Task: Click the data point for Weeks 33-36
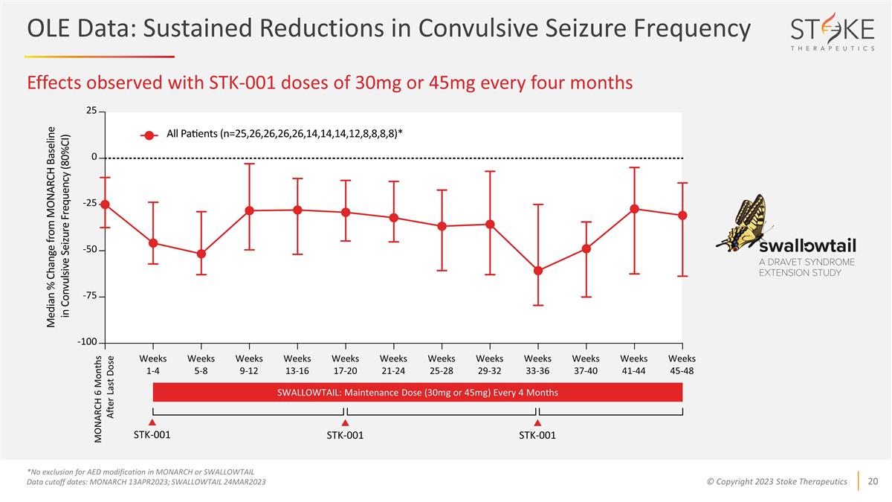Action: pyautogui.click(x=537, y=271)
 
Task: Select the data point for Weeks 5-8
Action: pyautogui.click(x=201, y=254)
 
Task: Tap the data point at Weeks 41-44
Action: pyautogui.click(x=634, y=208)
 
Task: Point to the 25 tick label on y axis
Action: pyautogui.click(x=91, y=112)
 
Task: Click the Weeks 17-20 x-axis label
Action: pyautogui.click(x=346, y=364)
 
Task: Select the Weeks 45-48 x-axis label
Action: pyautogui.click(x=682, y=364)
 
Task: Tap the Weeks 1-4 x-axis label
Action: pyautogui.click(x=153, y=364)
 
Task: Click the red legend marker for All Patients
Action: pyautogui.click(x=149, y=135)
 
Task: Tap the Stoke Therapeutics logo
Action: pyautogui.click(x=832, y=34)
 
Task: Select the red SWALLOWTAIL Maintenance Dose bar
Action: pyautogui.click(x=417, y=392)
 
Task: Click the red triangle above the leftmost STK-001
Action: pyautogui.click(x=152, y=423)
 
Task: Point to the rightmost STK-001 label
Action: pyautogui.click(x=537, y=436)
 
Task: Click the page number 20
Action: pyautogui.click(x=874, y=481)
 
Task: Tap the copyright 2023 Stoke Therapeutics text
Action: pyautogui.click(x=776, y=482)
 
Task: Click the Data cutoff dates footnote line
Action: pyautogui.click(x=146, y=483)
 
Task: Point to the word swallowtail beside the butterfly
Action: pyautogui.click(x=807, y=245)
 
